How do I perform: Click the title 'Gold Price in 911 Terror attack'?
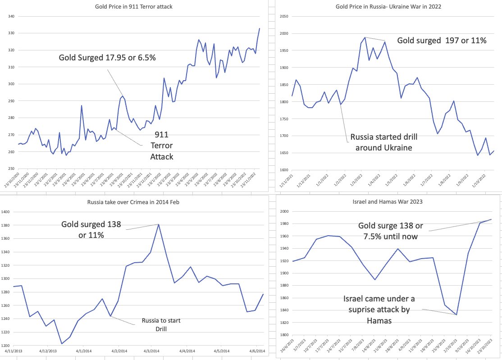click(x=134, y=6)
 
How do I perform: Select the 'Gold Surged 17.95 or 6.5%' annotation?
click(x=107, y=58)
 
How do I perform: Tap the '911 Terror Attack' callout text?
click(x=162, y=146)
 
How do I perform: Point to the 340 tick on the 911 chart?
click(x=11, y=16)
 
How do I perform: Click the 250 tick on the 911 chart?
click(x=11, y=169)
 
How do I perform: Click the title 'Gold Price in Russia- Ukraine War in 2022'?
click(x=388, y=6)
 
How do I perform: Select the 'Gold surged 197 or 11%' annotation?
click(x=442, y=41)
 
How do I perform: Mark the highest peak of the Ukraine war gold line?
click(x=365, y=37)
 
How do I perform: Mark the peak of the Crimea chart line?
click(x=159, y=224)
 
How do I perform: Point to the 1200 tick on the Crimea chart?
click(x=9, y=346)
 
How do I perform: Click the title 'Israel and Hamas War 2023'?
click(x=388, y=201)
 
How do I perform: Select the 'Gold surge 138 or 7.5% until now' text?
click(x=391, y=231)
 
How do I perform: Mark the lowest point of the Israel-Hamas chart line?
click(x=456, y=314)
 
